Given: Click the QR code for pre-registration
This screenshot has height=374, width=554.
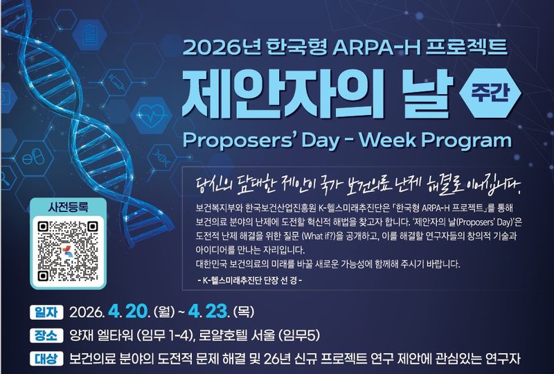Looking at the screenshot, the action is click(68, 251).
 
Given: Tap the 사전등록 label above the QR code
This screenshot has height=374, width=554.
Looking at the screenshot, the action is click(68, 207).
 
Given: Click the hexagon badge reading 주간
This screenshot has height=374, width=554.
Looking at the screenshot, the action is click(490, 93).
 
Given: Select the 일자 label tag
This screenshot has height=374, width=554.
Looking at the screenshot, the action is click(46, 312).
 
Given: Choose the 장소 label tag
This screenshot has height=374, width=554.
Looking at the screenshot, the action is click(46, 335).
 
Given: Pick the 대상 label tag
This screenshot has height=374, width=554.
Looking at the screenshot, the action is click(46, 359).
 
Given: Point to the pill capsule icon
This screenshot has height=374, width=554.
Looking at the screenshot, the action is click(33, 158).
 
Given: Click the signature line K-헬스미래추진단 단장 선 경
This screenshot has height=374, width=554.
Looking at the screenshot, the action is click(250, 280).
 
